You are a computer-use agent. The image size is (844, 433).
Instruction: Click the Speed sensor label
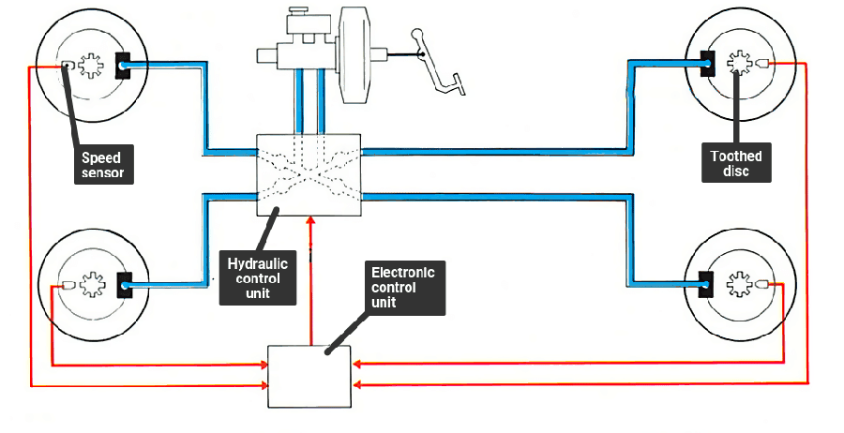click(101, 165)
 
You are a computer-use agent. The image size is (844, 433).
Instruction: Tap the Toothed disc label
click(735, 164)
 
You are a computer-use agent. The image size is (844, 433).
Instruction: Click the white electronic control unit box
click(309, 376)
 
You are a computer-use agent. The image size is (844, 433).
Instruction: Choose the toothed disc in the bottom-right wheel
click(738, 283)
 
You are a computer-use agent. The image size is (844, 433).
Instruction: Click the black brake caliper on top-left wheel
click(122, 66)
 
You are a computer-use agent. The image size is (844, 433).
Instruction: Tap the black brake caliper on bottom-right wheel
click(707, 281)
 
